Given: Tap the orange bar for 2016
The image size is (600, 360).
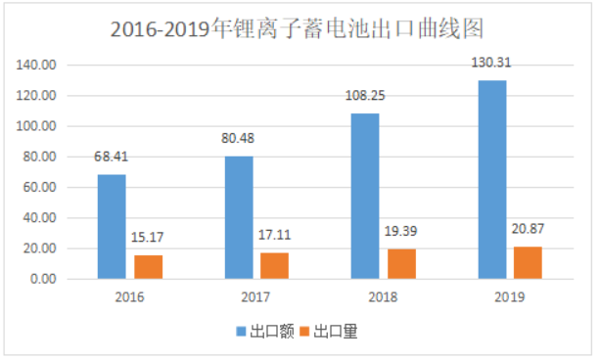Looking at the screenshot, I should (148, 267).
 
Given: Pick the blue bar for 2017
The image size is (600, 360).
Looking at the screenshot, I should (238, 217).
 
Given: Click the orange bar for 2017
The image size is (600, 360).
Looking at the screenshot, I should (275, 265).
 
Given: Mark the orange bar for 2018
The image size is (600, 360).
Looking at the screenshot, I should (401, 263).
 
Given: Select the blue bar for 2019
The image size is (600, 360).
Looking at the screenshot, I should (491, 179).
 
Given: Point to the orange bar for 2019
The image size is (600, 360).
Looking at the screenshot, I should (528, 262).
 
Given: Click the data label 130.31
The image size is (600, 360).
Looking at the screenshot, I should (492, 66).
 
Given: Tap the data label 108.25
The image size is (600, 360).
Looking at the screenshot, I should (365, 99).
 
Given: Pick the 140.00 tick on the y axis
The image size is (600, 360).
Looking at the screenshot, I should (37, 66).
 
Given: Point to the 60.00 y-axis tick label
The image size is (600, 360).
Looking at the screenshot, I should (40, 188).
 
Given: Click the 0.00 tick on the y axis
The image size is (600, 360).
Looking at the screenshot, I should (43, 280).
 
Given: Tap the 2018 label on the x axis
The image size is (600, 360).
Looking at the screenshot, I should (383, 296).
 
